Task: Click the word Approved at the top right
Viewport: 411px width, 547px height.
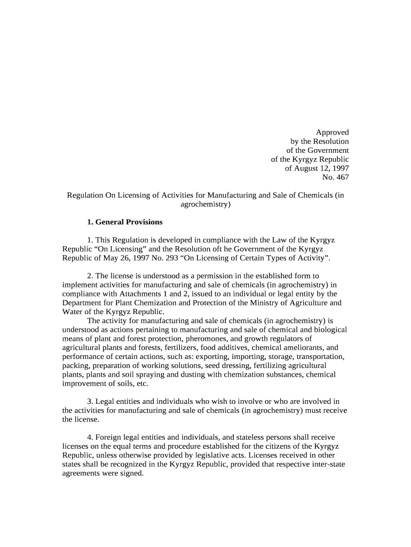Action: tap(332, 132)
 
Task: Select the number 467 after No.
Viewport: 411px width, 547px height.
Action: tap(342, 177)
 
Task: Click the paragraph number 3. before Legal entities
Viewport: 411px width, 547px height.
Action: tap(90, 401)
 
